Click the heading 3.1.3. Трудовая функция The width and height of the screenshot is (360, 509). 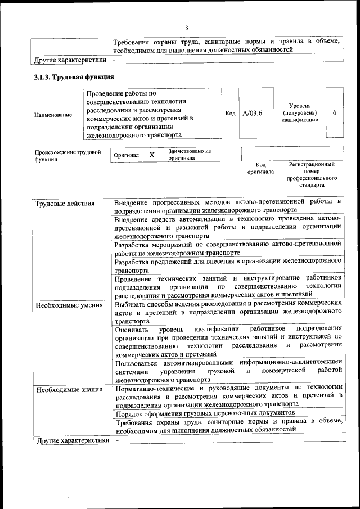coord(74,76)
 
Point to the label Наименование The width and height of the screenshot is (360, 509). coord(53,115)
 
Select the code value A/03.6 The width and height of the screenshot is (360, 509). coord(253,113)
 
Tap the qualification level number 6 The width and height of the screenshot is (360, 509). coord(335,112)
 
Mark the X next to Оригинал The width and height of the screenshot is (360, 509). coord(152,155)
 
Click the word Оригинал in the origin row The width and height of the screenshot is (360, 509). coord(126,155)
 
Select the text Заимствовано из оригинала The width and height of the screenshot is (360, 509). coord(189,155)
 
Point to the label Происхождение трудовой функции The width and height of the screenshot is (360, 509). coord(67,155)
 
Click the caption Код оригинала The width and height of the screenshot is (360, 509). coord(260,168)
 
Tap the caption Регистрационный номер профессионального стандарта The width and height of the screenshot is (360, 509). coord(311,174)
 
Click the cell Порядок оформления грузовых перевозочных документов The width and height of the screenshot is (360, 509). coord(205,412)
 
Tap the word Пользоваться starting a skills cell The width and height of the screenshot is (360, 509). coord(137,363)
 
